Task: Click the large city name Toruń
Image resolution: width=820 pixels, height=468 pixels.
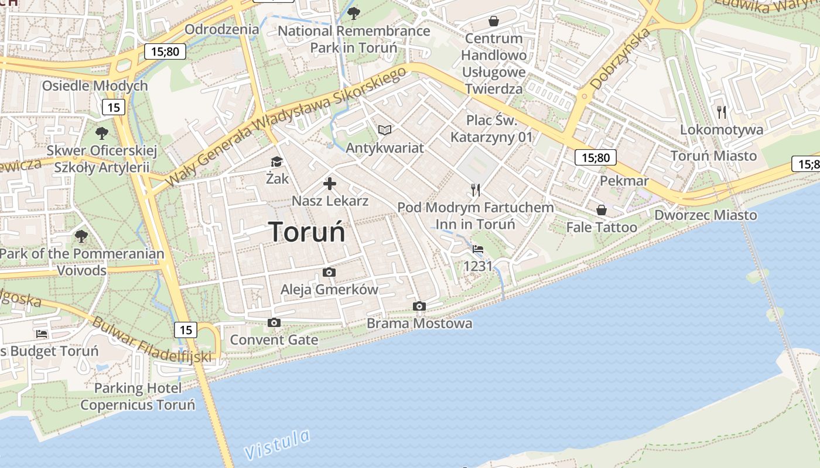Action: click(x=307, y=232)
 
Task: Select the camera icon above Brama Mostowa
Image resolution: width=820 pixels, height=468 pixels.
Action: click(x=419, y=306)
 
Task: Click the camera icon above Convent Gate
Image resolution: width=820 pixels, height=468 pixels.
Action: click(x=274, y=322)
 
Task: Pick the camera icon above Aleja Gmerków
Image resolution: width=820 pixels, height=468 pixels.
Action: click(x=329, y=272)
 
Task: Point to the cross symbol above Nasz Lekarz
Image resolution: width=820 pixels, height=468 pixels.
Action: click(x=330, y=184)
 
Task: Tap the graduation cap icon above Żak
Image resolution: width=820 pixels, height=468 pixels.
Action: click(x=276, y=161)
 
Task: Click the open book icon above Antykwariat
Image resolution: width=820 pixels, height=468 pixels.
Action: click(x=384, y=130)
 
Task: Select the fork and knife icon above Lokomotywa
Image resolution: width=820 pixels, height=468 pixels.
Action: click(x=722, y=112)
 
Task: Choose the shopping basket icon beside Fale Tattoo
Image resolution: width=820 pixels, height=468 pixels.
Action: click(x=601, y=210)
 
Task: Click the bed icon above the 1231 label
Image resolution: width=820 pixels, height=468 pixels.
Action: click(x=478, y=249)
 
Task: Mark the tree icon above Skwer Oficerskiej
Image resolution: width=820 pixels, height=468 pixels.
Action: click(x=102, y=133)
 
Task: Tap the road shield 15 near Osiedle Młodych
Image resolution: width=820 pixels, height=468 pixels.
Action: click(x=114, y=107)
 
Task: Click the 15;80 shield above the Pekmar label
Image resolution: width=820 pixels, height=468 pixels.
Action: click(x=596, y=157)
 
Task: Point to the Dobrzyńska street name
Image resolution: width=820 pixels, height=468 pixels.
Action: click(x=620, y=59)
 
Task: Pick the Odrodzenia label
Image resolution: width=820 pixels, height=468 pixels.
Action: click(x=221, y=29)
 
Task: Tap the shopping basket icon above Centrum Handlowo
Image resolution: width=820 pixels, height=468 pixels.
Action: click(x=494, y=21)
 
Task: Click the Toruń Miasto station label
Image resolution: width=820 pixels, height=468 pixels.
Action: click(x=713, y=156)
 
